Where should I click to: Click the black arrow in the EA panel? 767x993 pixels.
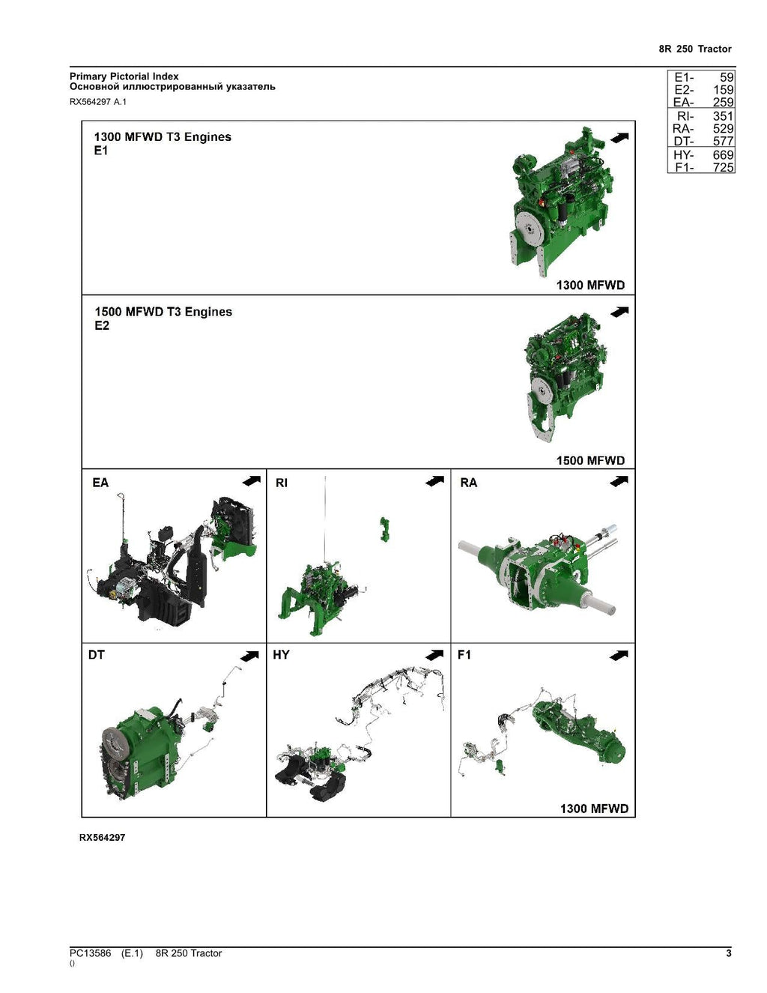tap(252, 480)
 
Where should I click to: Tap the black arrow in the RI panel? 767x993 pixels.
tap(434, 480)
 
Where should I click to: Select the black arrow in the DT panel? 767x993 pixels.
tap(249, 656)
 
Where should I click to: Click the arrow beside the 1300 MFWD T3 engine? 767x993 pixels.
tap(619, 137)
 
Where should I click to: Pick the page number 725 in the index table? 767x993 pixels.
tap(723, 167)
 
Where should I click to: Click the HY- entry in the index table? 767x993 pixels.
tap(683, 155)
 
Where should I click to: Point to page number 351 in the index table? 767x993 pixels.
tap(723, 116)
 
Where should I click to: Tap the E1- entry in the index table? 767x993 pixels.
tap(684, 77)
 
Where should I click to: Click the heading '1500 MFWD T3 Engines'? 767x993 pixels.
tap(163, 312)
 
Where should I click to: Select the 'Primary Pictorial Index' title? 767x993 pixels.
tap(124, 76)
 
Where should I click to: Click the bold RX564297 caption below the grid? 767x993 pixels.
tap(103, 838)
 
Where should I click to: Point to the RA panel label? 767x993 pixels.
tap(468, 483)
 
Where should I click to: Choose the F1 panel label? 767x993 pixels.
tap(464, 655)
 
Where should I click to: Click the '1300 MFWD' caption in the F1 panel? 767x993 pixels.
tap(595, 809)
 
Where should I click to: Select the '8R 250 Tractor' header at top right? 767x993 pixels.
tap(695, 49)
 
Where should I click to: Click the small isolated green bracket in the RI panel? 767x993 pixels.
tap(384, 529)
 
